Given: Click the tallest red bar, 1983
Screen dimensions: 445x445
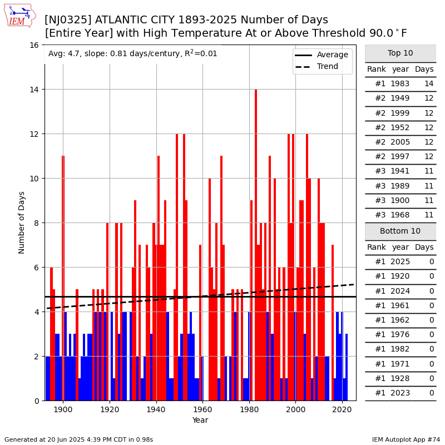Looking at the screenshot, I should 256,245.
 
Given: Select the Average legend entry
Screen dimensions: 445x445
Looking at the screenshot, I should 332,55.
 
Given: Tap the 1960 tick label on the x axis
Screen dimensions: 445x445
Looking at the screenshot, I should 202,410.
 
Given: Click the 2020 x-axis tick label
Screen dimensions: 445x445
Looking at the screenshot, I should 342,410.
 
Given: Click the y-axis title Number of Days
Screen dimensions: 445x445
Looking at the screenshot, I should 22,222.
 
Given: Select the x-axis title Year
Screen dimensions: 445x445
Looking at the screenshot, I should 200,421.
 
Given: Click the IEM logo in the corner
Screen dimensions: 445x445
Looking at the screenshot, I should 19,16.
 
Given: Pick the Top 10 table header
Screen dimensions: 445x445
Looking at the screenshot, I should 400,53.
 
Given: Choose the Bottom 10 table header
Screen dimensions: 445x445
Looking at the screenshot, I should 400,231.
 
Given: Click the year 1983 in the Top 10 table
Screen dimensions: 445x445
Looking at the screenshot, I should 400,84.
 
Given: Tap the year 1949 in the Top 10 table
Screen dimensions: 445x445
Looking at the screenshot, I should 400,98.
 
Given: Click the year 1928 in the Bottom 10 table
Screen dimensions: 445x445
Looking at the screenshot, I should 400,378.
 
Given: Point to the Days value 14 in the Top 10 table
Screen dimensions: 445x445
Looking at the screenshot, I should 424,84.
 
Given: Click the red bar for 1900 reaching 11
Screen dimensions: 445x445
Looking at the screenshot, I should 63,278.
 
